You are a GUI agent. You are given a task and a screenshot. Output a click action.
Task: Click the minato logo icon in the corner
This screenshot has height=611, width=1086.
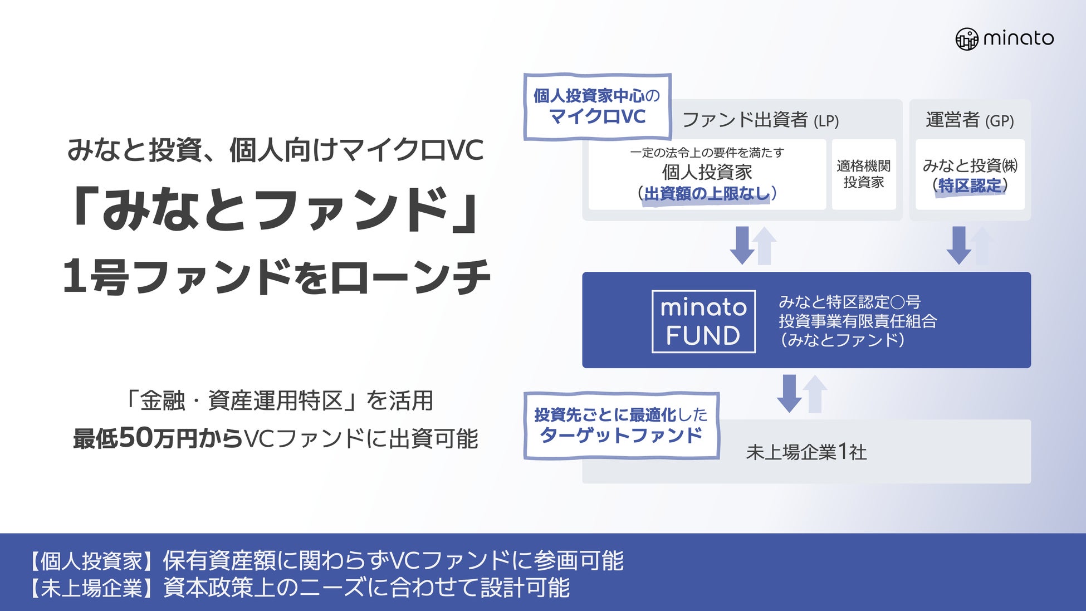(x=967, y=39)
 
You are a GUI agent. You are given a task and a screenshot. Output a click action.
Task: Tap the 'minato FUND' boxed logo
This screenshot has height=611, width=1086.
(x=703, y=321)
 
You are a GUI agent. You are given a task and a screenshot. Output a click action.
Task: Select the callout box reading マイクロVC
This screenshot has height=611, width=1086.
(x=597, y=106)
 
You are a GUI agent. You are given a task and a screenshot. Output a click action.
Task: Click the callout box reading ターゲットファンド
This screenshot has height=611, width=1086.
(x=621, y=426)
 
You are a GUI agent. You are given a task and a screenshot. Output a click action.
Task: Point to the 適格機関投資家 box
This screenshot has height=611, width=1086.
(x=863, y=174)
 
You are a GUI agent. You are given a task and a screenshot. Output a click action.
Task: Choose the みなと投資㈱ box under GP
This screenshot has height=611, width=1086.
(x=970, y=174)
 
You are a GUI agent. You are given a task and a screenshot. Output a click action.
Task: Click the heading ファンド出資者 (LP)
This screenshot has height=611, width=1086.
(x=760, y=120)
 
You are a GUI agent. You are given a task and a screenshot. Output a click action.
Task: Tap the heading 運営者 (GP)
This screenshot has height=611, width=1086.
(x=969, y=120)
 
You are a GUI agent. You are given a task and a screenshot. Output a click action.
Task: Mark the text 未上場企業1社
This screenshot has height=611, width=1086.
(x=806, y=452)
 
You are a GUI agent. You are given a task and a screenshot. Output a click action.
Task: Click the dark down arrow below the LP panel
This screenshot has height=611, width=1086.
(x=742, y=245)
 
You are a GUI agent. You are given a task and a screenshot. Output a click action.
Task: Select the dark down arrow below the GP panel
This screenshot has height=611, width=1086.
(x=958, y=245)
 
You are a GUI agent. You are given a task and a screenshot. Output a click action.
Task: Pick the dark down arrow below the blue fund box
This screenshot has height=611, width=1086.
(x=789, y=393)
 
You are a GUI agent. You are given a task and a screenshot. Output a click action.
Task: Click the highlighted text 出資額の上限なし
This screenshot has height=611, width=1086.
(x=707, y=194)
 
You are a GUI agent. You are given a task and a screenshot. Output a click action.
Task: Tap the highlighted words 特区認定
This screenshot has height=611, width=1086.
(x=970, y=185)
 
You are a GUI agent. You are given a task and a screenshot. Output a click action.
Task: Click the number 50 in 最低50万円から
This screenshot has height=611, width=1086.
(x=135, y=438)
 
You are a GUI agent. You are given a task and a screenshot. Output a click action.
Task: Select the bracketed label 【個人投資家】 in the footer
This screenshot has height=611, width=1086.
(x=92, y=561)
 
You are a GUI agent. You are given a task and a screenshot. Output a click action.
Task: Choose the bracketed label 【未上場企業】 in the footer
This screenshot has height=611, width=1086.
(x=92, y=588)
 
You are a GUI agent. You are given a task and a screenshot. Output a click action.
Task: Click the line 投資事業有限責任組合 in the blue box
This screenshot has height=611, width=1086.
(x=857, y=321)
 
